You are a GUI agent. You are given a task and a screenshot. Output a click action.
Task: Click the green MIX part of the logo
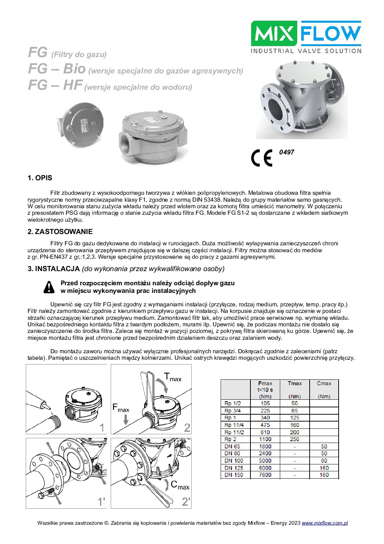click(275, 33)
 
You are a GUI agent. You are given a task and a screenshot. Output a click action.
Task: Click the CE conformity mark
click(261, 158)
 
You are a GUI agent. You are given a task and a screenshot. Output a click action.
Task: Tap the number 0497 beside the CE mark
click(286, 152)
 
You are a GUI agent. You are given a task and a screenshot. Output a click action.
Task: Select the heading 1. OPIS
click(40, 178)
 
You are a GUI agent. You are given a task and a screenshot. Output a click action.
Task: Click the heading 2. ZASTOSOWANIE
click(60, 232)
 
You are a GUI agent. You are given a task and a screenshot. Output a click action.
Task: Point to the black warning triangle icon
click(49, 287)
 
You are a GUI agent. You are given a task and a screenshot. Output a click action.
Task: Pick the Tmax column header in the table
click(294, 383)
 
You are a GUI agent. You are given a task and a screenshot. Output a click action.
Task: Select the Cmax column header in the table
click(324, 383)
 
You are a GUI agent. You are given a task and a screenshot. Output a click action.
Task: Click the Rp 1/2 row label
click(233, 403)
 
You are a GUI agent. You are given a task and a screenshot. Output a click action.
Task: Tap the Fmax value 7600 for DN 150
click(265, 475)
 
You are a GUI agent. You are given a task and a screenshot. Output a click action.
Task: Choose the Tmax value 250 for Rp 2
click(294, 439)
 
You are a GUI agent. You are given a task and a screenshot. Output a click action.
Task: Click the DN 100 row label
click(234, 461)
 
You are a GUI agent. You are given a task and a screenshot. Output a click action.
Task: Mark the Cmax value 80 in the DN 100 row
click(324, 461)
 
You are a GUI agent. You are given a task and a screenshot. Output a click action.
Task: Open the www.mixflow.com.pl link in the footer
click(325, 523)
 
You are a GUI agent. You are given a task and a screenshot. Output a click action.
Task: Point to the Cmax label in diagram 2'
click(180, 485)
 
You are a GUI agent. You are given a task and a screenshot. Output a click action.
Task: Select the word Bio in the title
click(74, 69)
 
